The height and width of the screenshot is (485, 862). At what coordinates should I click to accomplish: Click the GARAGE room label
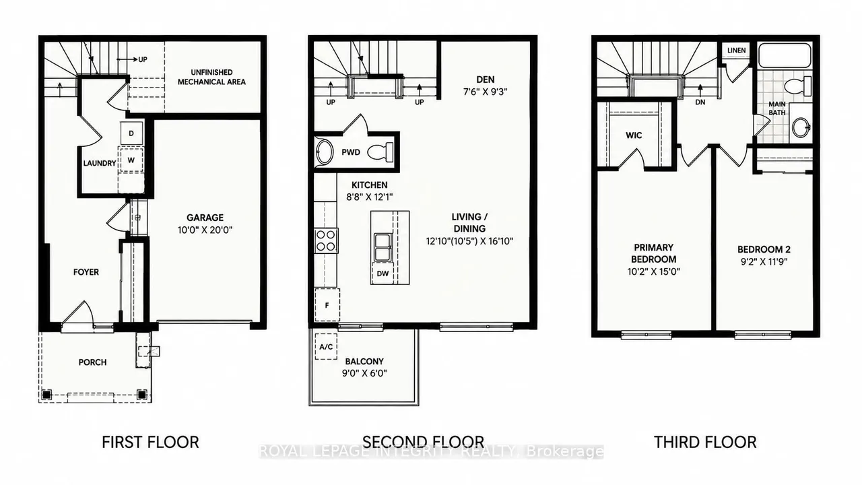[x=205, y=218]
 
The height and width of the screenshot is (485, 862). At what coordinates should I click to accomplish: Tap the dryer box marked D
[x=131, y=133]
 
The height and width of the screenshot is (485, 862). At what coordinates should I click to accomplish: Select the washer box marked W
[x=131, y=160]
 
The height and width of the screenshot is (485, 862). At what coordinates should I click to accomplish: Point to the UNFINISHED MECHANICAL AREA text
[x=211, y=77]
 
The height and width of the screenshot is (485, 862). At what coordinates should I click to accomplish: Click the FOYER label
[x=86, y=272]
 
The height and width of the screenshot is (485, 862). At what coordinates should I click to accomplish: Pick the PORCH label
[x=93, y=362]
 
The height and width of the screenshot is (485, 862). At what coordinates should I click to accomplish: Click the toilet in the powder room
[x=380, y=152]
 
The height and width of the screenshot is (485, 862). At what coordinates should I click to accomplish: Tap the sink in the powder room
[x=324, y=152]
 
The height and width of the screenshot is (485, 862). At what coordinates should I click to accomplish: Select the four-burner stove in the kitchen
[x=327, y=240]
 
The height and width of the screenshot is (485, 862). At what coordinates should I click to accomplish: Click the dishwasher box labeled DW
[x=383, y=273]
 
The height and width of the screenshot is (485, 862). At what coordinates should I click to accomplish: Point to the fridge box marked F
[x=327, y=305]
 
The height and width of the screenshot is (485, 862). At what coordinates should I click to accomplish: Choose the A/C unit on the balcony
[x=326, y=346]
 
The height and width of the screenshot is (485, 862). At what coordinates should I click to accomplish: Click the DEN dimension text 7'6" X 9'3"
[x=486, y=92]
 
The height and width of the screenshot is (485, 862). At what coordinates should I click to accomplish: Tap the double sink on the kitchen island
[x=383, y=247]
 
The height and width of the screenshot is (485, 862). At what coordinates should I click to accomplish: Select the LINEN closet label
[x=737, y=51]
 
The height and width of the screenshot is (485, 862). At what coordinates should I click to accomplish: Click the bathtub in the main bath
[x=785, y=56]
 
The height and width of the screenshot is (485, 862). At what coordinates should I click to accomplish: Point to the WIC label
[x=634, y=135]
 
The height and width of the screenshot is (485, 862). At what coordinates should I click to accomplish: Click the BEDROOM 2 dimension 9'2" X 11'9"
[x=764, y=262]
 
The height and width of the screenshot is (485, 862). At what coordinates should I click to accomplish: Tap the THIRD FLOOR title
[x=705, y=443]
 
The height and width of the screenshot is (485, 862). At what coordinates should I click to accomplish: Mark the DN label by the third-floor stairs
[x=700, y=102]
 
